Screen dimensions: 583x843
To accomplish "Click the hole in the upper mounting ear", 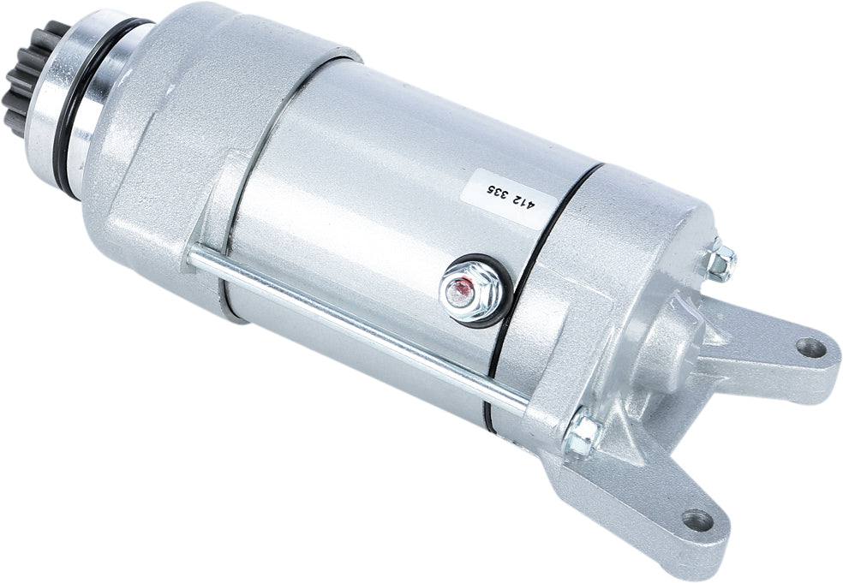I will pyautogui.click(x=808, y=347).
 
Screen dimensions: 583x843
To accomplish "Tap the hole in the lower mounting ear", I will pyautogui.click(x=697, y=520).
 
